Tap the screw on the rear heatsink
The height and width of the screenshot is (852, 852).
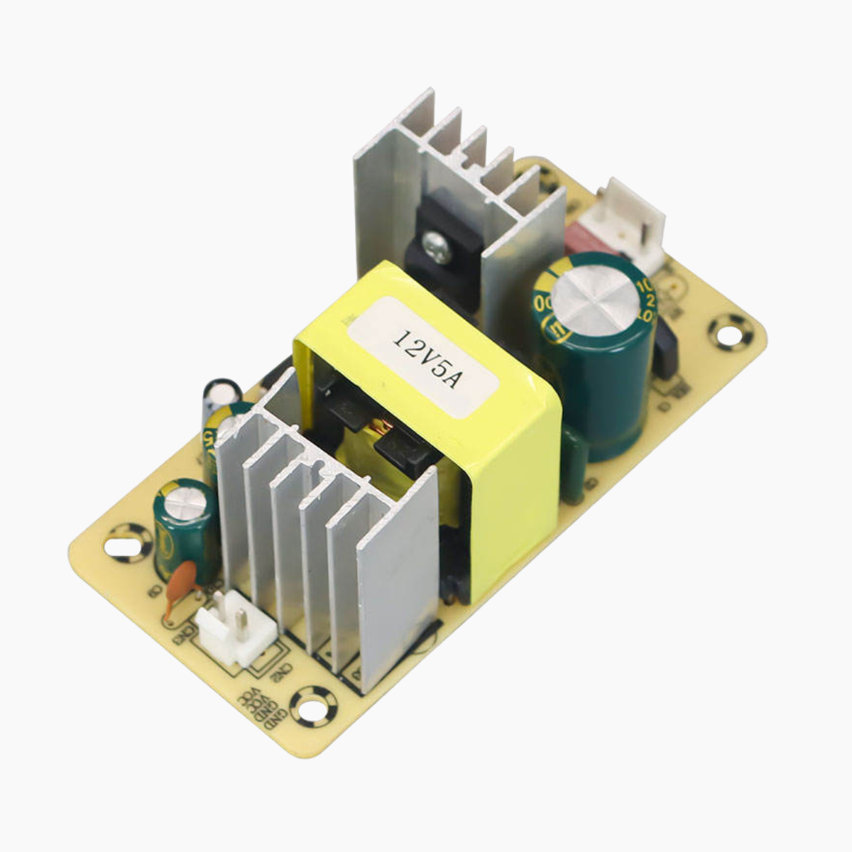[x=435, y=248]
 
